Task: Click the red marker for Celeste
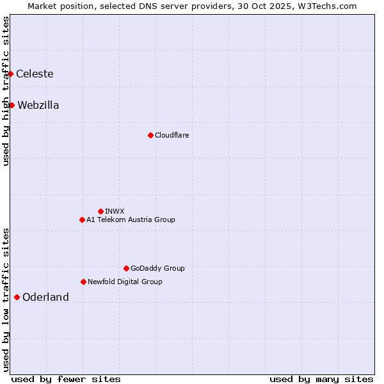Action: click(x=11, y=74)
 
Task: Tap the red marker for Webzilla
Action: click(x=12, y=105)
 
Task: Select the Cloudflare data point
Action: click(x=150, y=135)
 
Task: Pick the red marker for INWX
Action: click(x=100, y=211)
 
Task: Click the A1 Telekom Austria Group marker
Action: click(x=82, y=220)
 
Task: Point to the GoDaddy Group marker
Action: click(x=126, y=268)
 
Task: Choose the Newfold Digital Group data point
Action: click(x=83, y=282)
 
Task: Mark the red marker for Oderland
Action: click(x=17, y=297)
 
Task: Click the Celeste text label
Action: click(x=35, y=74)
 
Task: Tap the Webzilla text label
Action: click(x=38, y=105)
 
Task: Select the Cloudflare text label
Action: click(x=172, y=135)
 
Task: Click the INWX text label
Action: click(x=115, y=211)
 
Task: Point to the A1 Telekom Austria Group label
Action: click(x=131, y=220)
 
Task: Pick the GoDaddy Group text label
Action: click(x=157, y=268)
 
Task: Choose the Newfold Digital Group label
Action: click(x=125, y=282)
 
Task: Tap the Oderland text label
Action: click(x=45, y=297)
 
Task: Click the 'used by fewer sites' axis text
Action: click(x=66, y=379)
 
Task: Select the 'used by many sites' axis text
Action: click(x=321, y=379)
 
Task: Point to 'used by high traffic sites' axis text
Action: click(x=6, y=91)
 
